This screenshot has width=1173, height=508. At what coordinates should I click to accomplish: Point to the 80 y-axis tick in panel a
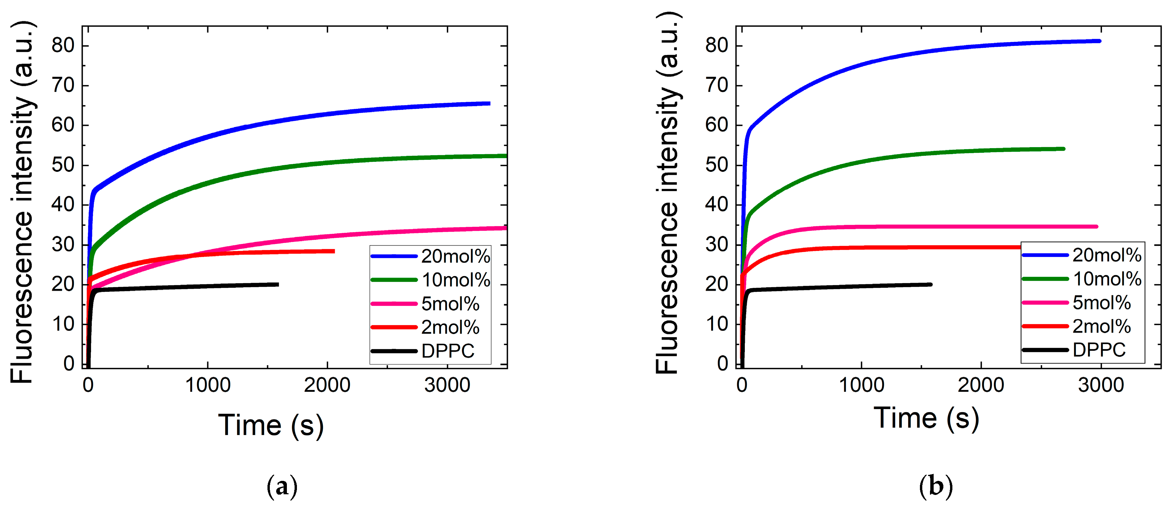pyautogui.click(x=63, y=46)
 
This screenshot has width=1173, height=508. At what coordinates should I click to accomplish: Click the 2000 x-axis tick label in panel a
pyautogui.click(x=327, y=385)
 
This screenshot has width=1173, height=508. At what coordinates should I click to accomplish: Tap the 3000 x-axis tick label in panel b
pyautogui.click(x=1101, y=385)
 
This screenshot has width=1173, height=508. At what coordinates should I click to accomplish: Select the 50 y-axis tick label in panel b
pyautogui.click(x=716, y=165)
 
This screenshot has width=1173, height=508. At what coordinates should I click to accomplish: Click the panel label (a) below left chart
pyautogui.click(x=282, y=487)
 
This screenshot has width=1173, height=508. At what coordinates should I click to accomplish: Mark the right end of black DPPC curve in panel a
pyautogui.click(x=277, y=284)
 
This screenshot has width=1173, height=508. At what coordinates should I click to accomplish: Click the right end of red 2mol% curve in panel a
pyautogui.click(x=334, y=251)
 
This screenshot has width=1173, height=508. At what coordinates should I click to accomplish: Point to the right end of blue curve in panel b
pyautogui.click(x=1099, y=41)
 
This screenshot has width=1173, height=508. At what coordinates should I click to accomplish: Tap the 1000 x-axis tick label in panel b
pyautogui.click(x=861, y=385)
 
